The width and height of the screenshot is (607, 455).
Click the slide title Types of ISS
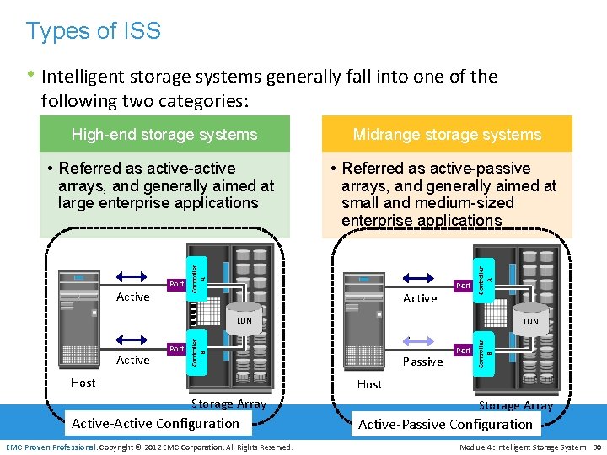[x=93, y=31]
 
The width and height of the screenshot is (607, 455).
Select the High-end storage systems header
[x=164, y=134]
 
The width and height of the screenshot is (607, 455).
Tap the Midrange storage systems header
[x=447, y=134]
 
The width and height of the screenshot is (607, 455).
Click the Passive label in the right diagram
[x=422, y=361]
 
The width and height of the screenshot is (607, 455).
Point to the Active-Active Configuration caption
[x=156, y=423]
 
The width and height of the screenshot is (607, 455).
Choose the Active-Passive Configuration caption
[x=445, y=424]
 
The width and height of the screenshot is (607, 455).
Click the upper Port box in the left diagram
[x=175, y=285]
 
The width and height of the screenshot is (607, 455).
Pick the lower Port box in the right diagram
[x=463, y=350]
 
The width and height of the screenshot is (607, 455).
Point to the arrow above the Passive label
[x=420, y=340]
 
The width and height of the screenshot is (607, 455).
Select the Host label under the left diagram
[x=83, y=383]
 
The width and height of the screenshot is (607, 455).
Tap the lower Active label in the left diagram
[x=133, y=360]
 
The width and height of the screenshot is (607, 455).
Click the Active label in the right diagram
[x=420, y=298]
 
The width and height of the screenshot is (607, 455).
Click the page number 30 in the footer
[x=596, y=447]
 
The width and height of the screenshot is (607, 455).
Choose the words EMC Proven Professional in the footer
[x=51, y=447]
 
